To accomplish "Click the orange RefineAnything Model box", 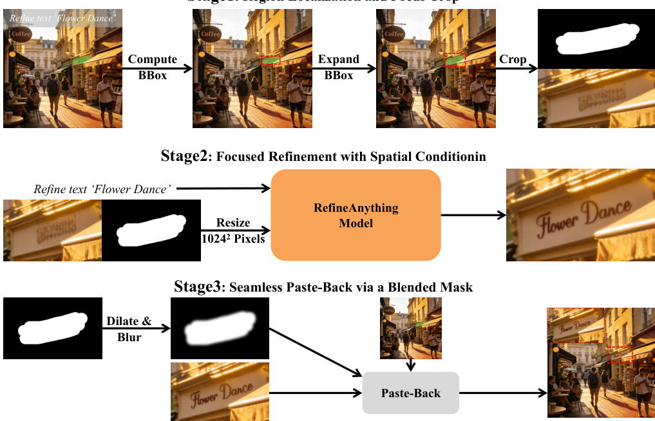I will click(356, 215).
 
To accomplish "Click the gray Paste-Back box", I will click(411, 393).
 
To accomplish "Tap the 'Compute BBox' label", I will click(152, 67).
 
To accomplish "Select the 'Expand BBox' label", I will click(339, 67).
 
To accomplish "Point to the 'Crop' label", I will click(513, 60).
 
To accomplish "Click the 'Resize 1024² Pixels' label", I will click(233, 229).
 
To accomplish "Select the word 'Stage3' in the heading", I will click(197, 286).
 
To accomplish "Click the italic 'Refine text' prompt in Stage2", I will click(102, 189).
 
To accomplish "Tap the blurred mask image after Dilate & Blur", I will click(220, 328).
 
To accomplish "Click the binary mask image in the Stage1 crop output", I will click(596, 39).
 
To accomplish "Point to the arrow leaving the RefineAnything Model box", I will click(473, 215).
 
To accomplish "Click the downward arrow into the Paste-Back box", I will click(411, 365).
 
